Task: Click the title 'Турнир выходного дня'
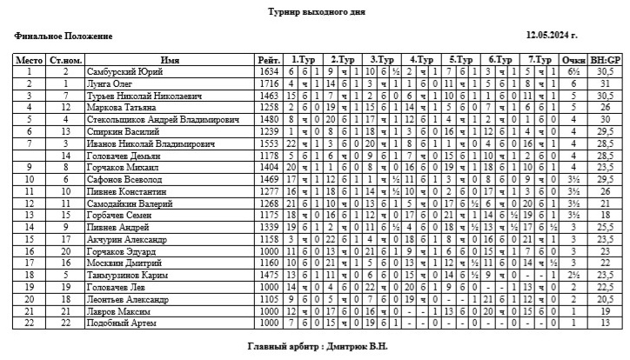click(x=317, y=12)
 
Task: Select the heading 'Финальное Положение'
click(x=64, y=37)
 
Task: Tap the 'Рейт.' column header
click(x=268, y=60)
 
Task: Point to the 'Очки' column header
click(x=573, y=60)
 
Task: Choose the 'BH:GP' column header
click(x=606, y=60)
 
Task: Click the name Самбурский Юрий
click(x=125, y=71)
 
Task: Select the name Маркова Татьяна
click(x=121, y=107)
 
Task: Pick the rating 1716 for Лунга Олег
click(x=268, y=83)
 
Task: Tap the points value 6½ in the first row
click(x=573, y=71)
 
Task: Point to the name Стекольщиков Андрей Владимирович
click(x=150, y=119)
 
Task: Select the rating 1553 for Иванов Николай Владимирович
click(x=268, y=143)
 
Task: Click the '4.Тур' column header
click(x=422, y=60)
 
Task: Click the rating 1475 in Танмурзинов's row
click(x=268, y=275)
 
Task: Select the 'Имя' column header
click(x=171, y=60)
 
